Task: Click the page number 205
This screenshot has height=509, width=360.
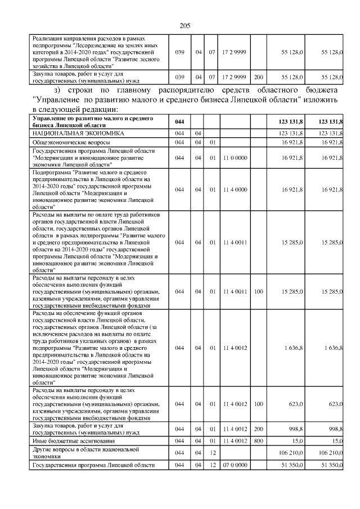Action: pyautogui.click(x=186, y=25)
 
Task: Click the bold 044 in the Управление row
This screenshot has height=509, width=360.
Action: pyautogui.click(x=179, y=121)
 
